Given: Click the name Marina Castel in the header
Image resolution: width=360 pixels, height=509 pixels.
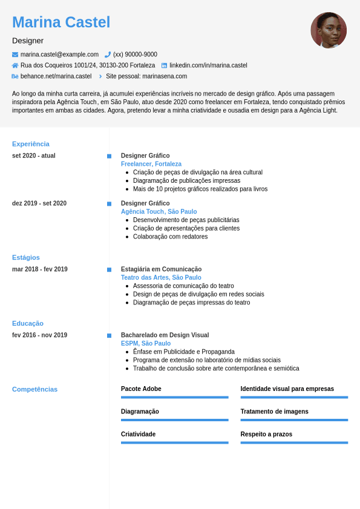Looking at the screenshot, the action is pos(61,22).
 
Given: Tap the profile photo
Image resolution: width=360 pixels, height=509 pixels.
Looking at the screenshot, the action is pos(329,30).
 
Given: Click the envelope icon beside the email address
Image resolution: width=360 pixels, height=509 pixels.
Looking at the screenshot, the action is pos(15,54).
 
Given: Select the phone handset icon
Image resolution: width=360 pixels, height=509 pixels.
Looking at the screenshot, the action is pos(108,54).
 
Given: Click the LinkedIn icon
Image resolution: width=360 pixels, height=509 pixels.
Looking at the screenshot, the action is pos(164,65).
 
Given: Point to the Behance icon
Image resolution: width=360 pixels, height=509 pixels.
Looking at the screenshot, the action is pos(15,76).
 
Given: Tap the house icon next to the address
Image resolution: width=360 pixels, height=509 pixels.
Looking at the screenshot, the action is pos(15,65).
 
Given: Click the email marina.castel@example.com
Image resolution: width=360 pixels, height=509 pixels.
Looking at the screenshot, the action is pos(59,54).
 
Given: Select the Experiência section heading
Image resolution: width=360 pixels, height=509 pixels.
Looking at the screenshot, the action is pos(31,144).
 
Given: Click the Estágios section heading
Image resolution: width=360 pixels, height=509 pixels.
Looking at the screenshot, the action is pos(26,258).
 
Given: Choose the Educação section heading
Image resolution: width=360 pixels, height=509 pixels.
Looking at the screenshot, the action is pos(28,324).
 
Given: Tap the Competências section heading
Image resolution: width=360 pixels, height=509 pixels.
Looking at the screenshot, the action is pos(35,389).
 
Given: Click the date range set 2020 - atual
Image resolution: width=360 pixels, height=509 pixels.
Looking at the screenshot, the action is pos(34,156).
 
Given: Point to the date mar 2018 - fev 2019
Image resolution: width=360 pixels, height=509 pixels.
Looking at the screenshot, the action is pos(40,269).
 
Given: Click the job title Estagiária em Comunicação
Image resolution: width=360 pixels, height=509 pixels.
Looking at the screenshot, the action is pos(161,269).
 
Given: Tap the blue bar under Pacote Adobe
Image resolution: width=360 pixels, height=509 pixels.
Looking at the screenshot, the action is pos(175,397).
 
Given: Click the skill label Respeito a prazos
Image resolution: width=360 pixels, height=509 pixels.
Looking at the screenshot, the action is pos(266,435).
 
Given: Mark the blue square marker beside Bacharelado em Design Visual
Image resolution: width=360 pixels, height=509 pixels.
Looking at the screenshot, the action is pos(110,335).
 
